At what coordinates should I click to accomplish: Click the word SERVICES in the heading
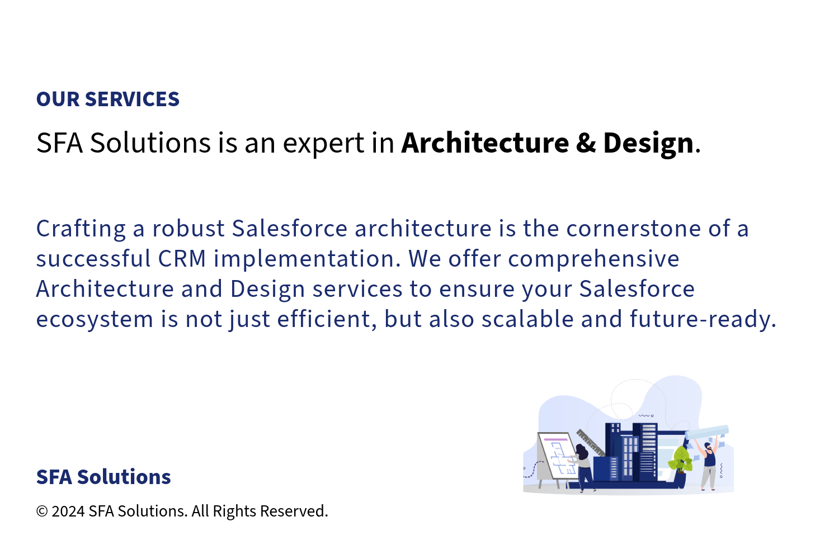(132, 99)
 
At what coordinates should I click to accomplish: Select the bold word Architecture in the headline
(485, 143)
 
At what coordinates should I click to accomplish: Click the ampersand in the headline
(586, 143)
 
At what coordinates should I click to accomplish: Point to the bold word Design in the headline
(648, 144)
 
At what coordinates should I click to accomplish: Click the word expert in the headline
(324, 144)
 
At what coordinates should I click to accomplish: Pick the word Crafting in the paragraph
(81, 229)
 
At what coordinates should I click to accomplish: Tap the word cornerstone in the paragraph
(633, 229)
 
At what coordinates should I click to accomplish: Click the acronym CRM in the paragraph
(182, 259)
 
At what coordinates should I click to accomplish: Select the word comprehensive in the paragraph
(593, 259)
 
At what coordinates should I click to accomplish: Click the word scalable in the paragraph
(527, 319)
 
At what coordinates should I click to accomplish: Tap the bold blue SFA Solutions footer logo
(103, 477)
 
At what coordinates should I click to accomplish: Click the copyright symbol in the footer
(42, 511)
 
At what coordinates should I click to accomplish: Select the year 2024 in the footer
(68, 511)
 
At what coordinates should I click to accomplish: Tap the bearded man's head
(707, 446)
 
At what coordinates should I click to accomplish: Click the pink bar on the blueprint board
(556, 439)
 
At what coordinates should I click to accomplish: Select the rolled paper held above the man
(707, 432)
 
